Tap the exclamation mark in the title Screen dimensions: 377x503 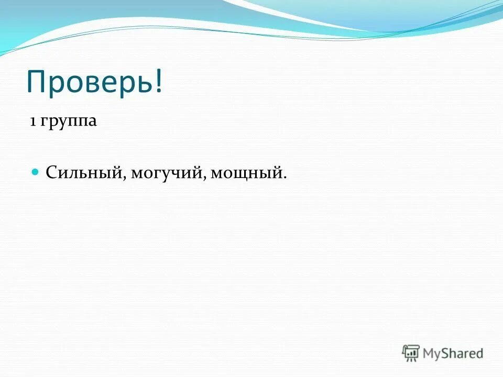pyautogui.click(x=158, y=81)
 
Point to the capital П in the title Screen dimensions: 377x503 pyautogui.click(x=37, y=81)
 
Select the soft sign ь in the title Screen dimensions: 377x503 pyautogui.click(x=144, y=83)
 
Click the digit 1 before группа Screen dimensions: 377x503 pyautogui.click(x=32, y=121)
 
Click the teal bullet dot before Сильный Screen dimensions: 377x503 pyautogui.click(x=36, y=171)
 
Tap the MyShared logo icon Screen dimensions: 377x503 pyautogui.click(x=411, y=353)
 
